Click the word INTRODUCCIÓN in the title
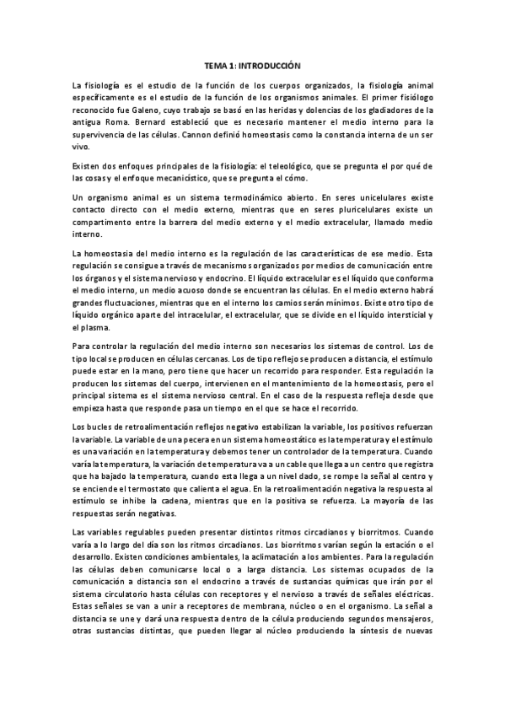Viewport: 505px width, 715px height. click(x=271, y=65)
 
